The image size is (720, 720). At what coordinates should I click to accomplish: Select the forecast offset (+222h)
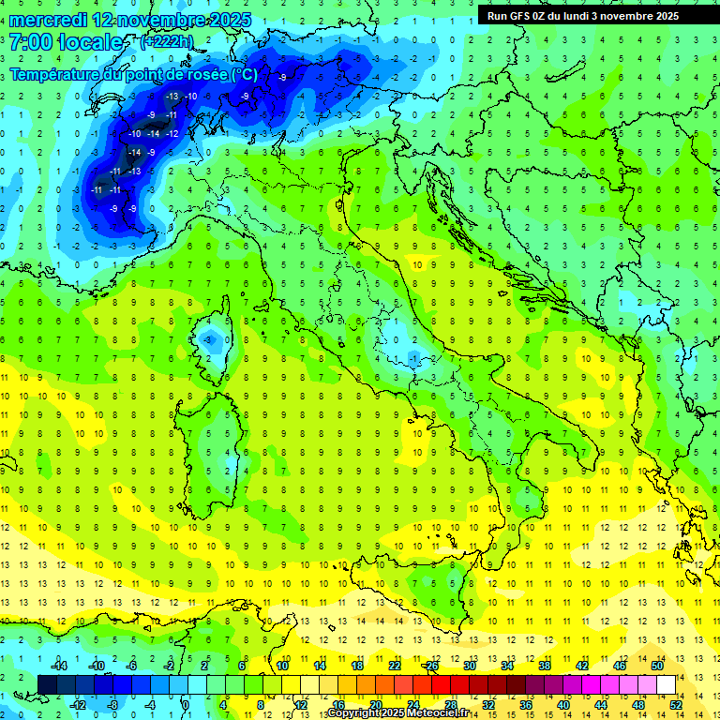[x=166, y=41]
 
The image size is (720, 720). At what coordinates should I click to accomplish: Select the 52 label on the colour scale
[x=676, y=704]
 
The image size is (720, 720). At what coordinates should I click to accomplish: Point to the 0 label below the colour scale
[x=185, y=704]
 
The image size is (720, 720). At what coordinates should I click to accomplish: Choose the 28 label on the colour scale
[x=451, y=704]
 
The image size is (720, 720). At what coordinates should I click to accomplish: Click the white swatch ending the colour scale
[x=666, y=684]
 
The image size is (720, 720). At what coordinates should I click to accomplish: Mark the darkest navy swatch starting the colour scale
[x=47, y=684]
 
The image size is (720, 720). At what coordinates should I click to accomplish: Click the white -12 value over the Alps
[x=172, y=134]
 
